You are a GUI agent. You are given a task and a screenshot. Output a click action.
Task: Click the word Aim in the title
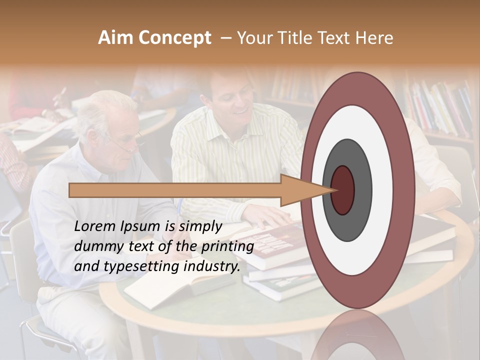click(116, 38)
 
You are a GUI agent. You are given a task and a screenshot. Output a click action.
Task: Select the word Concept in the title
click(174, 38)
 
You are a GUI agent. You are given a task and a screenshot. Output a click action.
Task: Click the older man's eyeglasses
click(127, 142)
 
